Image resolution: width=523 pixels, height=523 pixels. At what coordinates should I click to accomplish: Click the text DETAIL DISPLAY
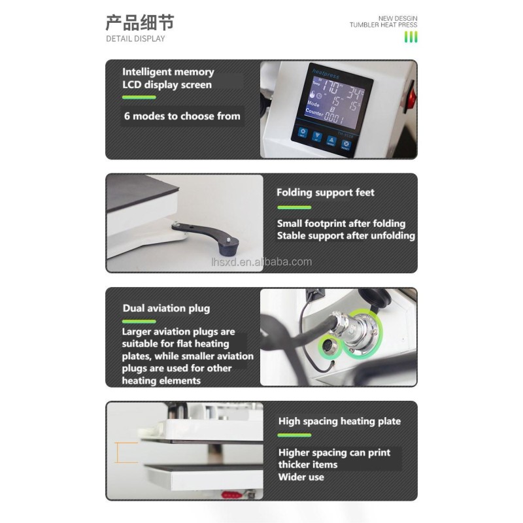pyautogui.click(x=135, y=39)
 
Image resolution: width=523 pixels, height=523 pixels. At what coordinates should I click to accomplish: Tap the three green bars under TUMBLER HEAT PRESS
pyautogui.click(x=411, y=37)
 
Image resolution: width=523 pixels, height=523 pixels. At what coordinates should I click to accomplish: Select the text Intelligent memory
pyautogui.click(x=168, y=72)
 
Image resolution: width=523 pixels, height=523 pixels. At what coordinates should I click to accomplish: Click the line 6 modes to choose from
pyautogui.click(x=182, y=116)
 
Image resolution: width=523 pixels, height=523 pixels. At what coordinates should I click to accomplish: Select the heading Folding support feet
pyautogui.click(x=326, y=192)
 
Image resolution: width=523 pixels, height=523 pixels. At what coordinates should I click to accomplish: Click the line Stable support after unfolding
pyautogui.click(x=346, y=235)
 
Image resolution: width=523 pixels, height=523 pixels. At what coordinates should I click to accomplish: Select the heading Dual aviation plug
pyautogui.click(x=166, y=308)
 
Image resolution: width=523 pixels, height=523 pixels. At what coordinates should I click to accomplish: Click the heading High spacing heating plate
pyautogui.click(x=339, y=422)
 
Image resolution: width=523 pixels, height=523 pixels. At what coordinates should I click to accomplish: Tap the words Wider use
pyautogui.click(x=301, y=477)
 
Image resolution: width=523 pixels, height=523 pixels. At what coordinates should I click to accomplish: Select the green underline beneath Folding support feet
pyautogui.click(x=294, y=207)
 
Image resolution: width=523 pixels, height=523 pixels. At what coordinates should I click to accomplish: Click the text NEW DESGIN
pyautogui.click(x=397, y=18)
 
